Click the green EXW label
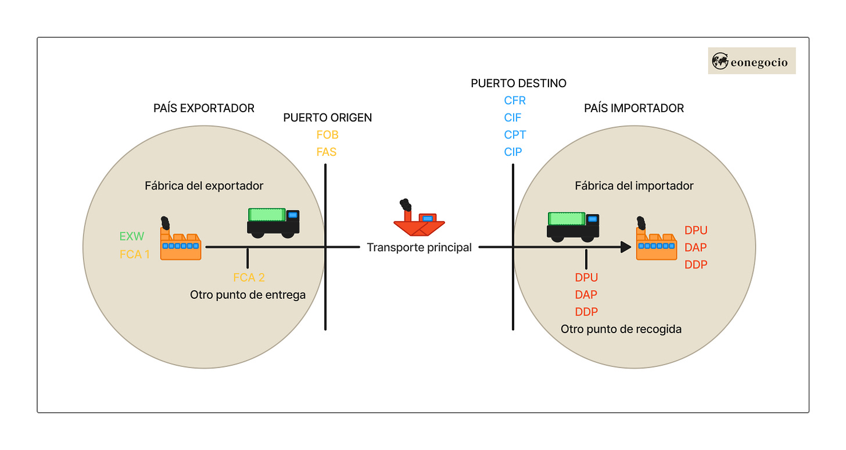[x=131, y=237]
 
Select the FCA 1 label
[x=134, y=254]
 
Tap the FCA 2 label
[x=249, y=277]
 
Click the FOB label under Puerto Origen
[x=327, y=135]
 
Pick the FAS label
[x=327, y=152]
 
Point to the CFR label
[x=515, y=101]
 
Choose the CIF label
[x=512, y=117]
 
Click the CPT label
[x=515, y=135]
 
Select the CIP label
[x=513, y=152]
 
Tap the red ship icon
[x=419, y=220]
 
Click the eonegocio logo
[x=751, y=61]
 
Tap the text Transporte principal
[x=419, y=248]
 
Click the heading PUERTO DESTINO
[x=518, y=83]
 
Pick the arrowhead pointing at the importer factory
[x=626, y=247]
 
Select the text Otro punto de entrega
[x=248, y=295]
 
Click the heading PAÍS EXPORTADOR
[x=204, y=108]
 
